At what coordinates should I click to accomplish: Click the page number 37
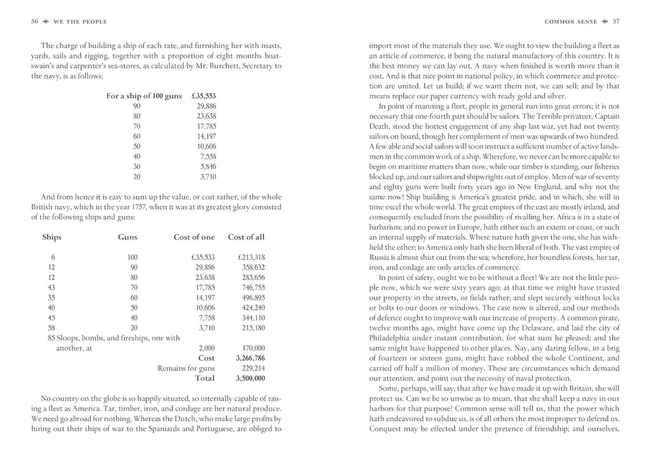point(615,22)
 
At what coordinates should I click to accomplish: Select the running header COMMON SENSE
point(570,22)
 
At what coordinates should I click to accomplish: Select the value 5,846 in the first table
point(205,166)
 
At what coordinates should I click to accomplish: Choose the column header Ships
point(52,237)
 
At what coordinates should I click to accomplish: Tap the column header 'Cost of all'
point(246,237)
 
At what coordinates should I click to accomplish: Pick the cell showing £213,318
point(251,257)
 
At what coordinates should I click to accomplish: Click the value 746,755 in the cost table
point(253,287)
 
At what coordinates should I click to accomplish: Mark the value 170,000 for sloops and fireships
point(253,348)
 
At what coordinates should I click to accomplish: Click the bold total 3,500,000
point(250,379)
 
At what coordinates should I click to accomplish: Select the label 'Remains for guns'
point(185,368)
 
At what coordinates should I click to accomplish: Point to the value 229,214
point(253,368)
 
